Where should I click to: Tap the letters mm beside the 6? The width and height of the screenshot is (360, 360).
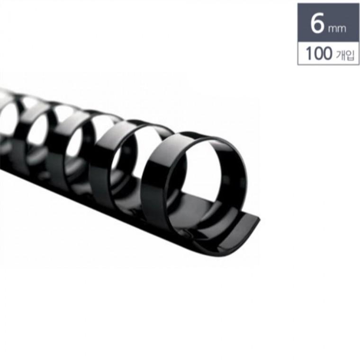click(x=337, y=29)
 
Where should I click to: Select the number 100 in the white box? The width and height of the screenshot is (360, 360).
click(x=319, y=54)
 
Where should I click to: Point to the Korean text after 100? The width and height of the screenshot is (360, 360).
click(x=345, y=55)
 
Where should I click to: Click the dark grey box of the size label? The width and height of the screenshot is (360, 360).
click(x=328, y=22)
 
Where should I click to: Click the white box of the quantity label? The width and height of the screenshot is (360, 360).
click(x=328, y=53)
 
